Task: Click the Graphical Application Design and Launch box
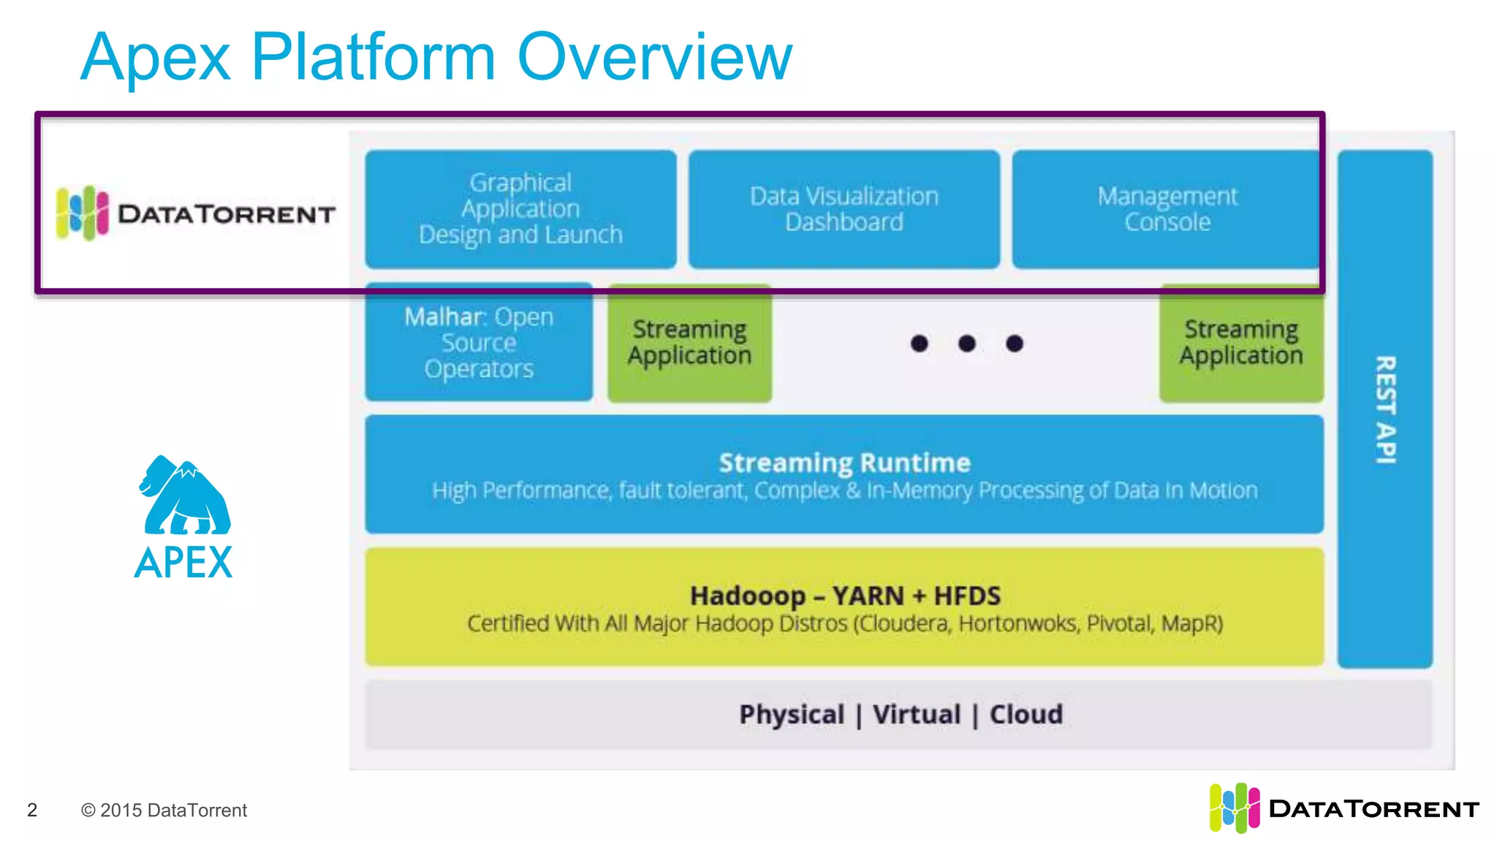tap(520, 209)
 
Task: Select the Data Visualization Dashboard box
tap(844, 209)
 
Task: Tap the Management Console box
tap(1167, 209)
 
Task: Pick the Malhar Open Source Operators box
tap(479, 342)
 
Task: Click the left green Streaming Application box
tap(689, 342)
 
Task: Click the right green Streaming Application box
tap(1240, 342)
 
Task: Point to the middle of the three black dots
tap(966, 344)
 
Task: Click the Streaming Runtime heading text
tap(844, 463)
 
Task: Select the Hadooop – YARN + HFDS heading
tap(844, 596)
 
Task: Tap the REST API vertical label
tap(1385, 409)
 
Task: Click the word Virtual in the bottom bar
tap(917, 714)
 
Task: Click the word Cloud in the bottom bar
tap(1026, 714)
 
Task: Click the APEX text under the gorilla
tap(183, 563)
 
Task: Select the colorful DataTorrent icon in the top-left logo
tap(82, 213)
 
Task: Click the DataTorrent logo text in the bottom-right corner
tap(1373, 809)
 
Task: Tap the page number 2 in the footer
tap(32, 810)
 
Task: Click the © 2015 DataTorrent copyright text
tap(164, 810)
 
